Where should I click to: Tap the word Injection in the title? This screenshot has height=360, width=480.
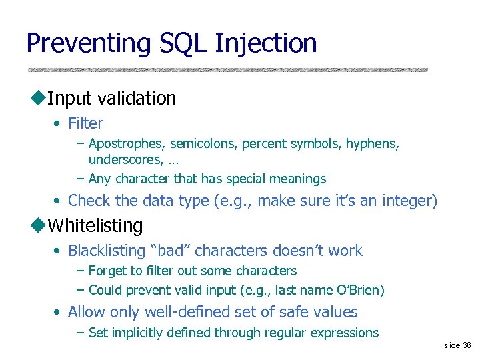(266, 44)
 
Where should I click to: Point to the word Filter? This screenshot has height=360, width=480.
(85, 123)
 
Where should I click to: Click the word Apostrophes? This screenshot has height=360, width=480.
(127, 144)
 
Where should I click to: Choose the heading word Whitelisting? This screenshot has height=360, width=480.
(95, 226)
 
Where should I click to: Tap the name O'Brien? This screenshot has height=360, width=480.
(361, 291)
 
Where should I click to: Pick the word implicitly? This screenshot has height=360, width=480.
(137, 333)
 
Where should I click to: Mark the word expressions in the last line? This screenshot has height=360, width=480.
(346, 333)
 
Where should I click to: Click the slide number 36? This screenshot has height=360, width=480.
(466, 345)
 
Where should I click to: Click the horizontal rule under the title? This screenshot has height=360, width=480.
(227, 69)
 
